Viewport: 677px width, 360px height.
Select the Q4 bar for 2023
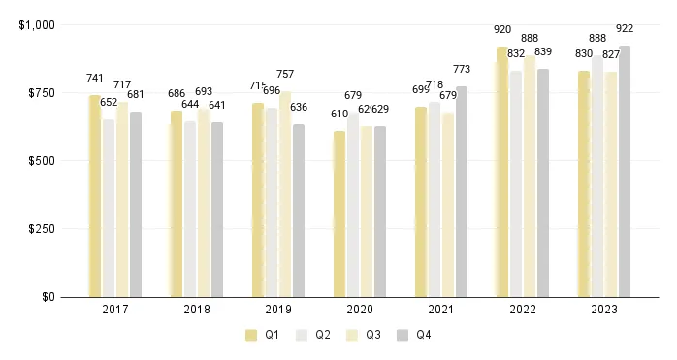(x=625, y=171)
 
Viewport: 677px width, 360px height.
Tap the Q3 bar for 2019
(x=285, y=194)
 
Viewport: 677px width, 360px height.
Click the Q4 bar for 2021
(x=462, y=191)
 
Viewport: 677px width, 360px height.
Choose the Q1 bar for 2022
(x=502, y=172)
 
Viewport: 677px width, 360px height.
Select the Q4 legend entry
(x=414, y=335)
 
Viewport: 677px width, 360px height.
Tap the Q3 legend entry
(x=363, y=335)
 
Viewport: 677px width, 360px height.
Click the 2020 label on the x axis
(x=360, y=311)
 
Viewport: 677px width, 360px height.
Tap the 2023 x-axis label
(x=604, y=311)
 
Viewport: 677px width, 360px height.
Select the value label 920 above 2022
(x=502, y=30)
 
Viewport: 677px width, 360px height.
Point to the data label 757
(x=285, y=75)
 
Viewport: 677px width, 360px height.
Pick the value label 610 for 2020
(x=339, y=115)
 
